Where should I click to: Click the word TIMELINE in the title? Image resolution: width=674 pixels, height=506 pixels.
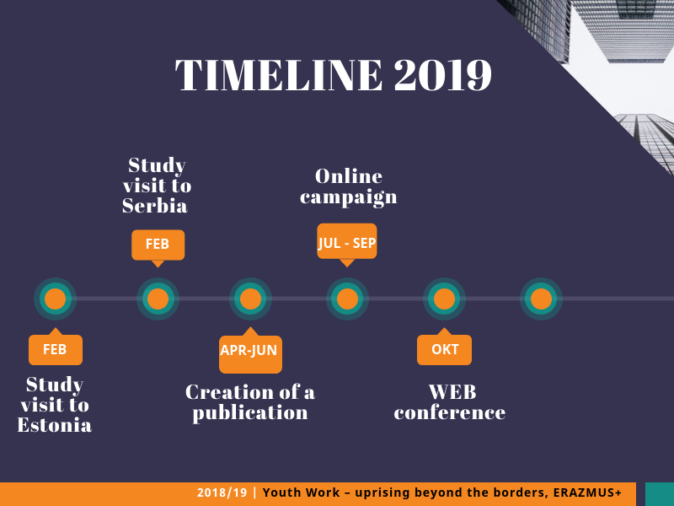(279, 75)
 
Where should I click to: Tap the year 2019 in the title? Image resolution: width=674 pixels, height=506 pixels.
(443, 75)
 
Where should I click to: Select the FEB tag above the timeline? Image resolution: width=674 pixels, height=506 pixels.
(158, 245)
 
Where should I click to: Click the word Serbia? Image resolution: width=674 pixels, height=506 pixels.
(155, 206)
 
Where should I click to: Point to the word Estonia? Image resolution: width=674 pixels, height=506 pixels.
(55, 425)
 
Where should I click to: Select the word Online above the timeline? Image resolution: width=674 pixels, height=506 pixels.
(349, 176)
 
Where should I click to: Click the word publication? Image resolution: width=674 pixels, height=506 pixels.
(250, 413)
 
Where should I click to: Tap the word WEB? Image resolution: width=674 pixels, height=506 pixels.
(452, 392)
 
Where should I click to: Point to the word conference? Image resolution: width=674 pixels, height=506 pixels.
(450, 412)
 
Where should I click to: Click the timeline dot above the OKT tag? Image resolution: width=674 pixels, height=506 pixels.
(445, 299)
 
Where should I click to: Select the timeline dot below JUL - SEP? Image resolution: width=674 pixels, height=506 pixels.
(347, 299)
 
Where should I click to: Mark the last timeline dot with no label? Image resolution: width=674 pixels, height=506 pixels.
(541, 299)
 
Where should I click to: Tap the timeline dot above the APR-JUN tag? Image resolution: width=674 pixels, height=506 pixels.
(250, 299)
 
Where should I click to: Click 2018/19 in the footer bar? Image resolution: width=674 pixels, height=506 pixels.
(222, 493)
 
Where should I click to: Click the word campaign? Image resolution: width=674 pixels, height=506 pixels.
(349, 197)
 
